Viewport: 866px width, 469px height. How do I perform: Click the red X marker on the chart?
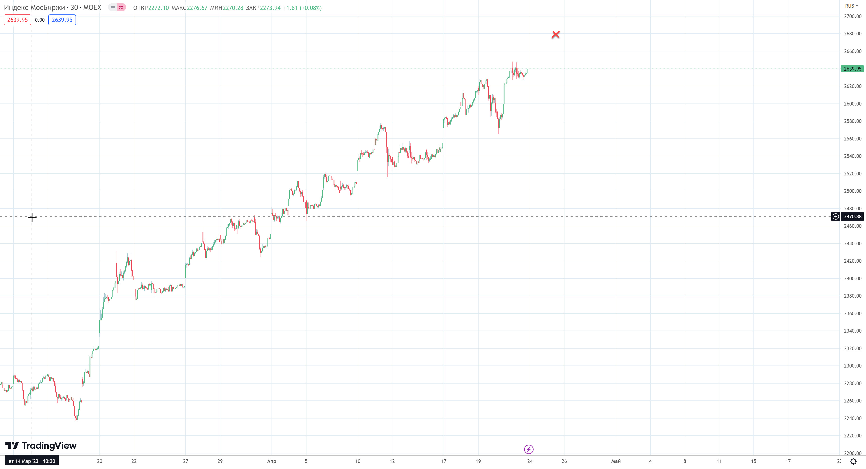556,34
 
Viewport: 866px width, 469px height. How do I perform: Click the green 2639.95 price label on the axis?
852,69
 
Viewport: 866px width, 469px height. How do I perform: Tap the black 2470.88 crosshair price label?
852,216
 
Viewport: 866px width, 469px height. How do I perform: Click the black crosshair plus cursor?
32,217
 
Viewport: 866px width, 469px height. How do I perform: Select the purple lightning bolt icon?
528,449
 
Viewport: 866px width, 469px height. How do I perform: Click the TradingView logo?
41,446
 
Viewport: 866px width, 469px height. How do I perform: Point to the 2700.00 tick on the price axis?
852,16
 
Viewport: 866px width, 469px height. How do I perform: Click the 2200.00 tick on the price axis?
852,453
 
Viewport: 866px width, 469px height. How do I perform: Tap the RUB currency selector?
851,6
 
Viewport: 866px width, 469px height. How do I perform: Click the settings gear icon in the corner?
853,461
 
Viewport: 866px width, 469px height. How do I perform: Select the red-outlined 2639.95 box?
18,20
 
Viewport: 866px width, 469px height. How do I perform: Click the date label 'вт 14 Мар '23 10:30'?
32,461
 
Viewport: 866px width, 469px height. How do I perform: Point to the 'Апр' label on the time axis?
272,461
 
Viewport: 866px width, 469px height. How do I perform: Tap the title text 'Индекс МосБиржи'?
34,7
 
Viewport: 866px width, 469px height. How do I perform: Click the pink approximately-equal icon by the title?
121,7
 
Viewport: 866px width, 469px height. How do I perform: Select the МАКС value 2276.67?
197,8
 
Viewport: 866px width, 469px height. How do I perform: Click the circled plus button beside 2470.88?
835,216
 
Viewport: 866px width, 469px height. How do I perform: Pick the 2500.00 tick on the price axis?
852,191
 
